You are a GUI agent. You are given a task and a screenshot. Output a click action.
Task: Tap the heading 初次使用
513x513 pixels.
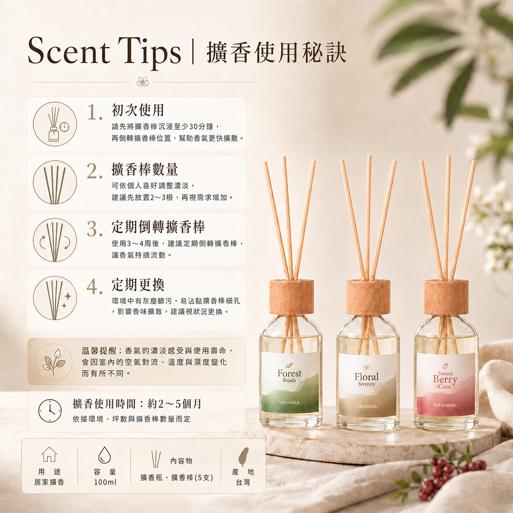(137, 110)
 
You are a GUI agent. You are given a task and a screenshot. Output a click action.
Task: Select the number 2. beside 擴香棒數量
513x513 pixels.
(94, 171)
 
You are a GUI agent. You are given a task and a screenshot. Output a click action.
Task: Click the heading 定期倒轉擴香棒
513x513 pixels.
(159, 227)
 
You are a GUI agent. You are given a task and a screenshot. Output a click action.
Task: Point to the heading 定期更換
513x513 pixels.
(137, 285)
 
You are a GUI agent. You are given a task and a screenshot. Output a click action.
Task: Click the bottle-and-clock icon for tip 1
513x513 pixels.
(55, 124)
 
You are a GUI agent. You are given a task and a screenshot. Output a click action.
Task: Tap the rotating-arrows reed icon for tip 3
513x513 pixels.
(55, 240)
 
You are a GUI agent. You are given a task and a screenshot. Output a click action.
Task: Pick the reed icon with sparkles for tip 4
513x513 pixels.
(55, 298)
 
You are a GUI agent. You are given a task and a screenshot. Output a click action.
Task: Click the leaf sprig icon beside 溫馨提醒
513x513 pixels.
(54, 362)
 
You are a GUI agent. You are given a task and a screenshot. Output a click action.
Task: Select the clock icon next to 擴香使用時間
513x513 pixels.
(50, 410)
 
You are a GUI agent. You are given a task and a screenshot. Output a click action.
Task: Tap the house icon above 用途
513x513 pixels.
(49, 454)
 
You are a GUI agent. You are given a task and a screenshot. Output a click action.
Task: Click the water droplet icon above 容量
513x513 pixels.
(105, 455)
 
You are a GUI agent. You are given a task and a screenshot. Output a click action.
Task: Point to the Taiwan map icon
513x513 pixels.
(243, 457)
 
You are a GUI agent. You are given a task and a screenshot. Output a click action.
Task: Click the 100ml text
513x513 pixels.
(105, 482)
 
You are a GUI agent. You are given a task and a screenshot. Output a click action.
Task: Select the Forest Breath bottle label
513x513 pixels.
(290, 382)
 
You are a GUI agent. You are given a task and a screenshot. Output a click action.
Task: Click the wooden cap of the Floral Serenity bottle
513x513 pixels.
(368, 297)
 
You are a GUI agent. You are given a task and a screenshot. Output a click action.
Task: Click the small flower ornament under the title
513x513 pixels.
(143, 82)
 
